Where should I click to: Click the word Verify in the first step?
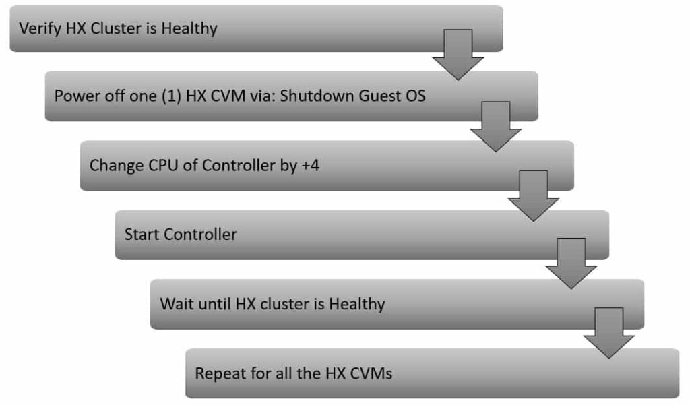pyautogui.click(x=40, y=28)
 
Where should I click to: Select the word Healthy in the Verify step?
pyautogui.click(x=189, y=28)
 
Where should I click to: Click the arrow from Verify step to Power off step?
pyautogui.click(x=458, y=55)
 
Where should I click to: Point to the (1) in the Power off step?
pyautogui.click(x=171, y=96)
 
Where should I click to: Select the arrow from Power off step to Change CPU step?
pyautogui.click(x=495, y=127)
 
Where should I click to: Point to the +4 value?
pyautogui.click(x=310, y=166)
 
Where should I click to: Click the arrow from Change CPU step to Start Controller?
pyautogui.click(x=534, y=196)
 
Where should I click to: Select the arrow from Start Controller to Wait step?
pyautogui.click(x=571, y=263)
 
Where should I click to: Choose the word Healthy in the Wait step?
pyautogui.click(x=357, y=304)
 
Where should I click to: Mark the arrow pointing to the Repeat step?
pyautogui.click(x=608, y=333)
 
